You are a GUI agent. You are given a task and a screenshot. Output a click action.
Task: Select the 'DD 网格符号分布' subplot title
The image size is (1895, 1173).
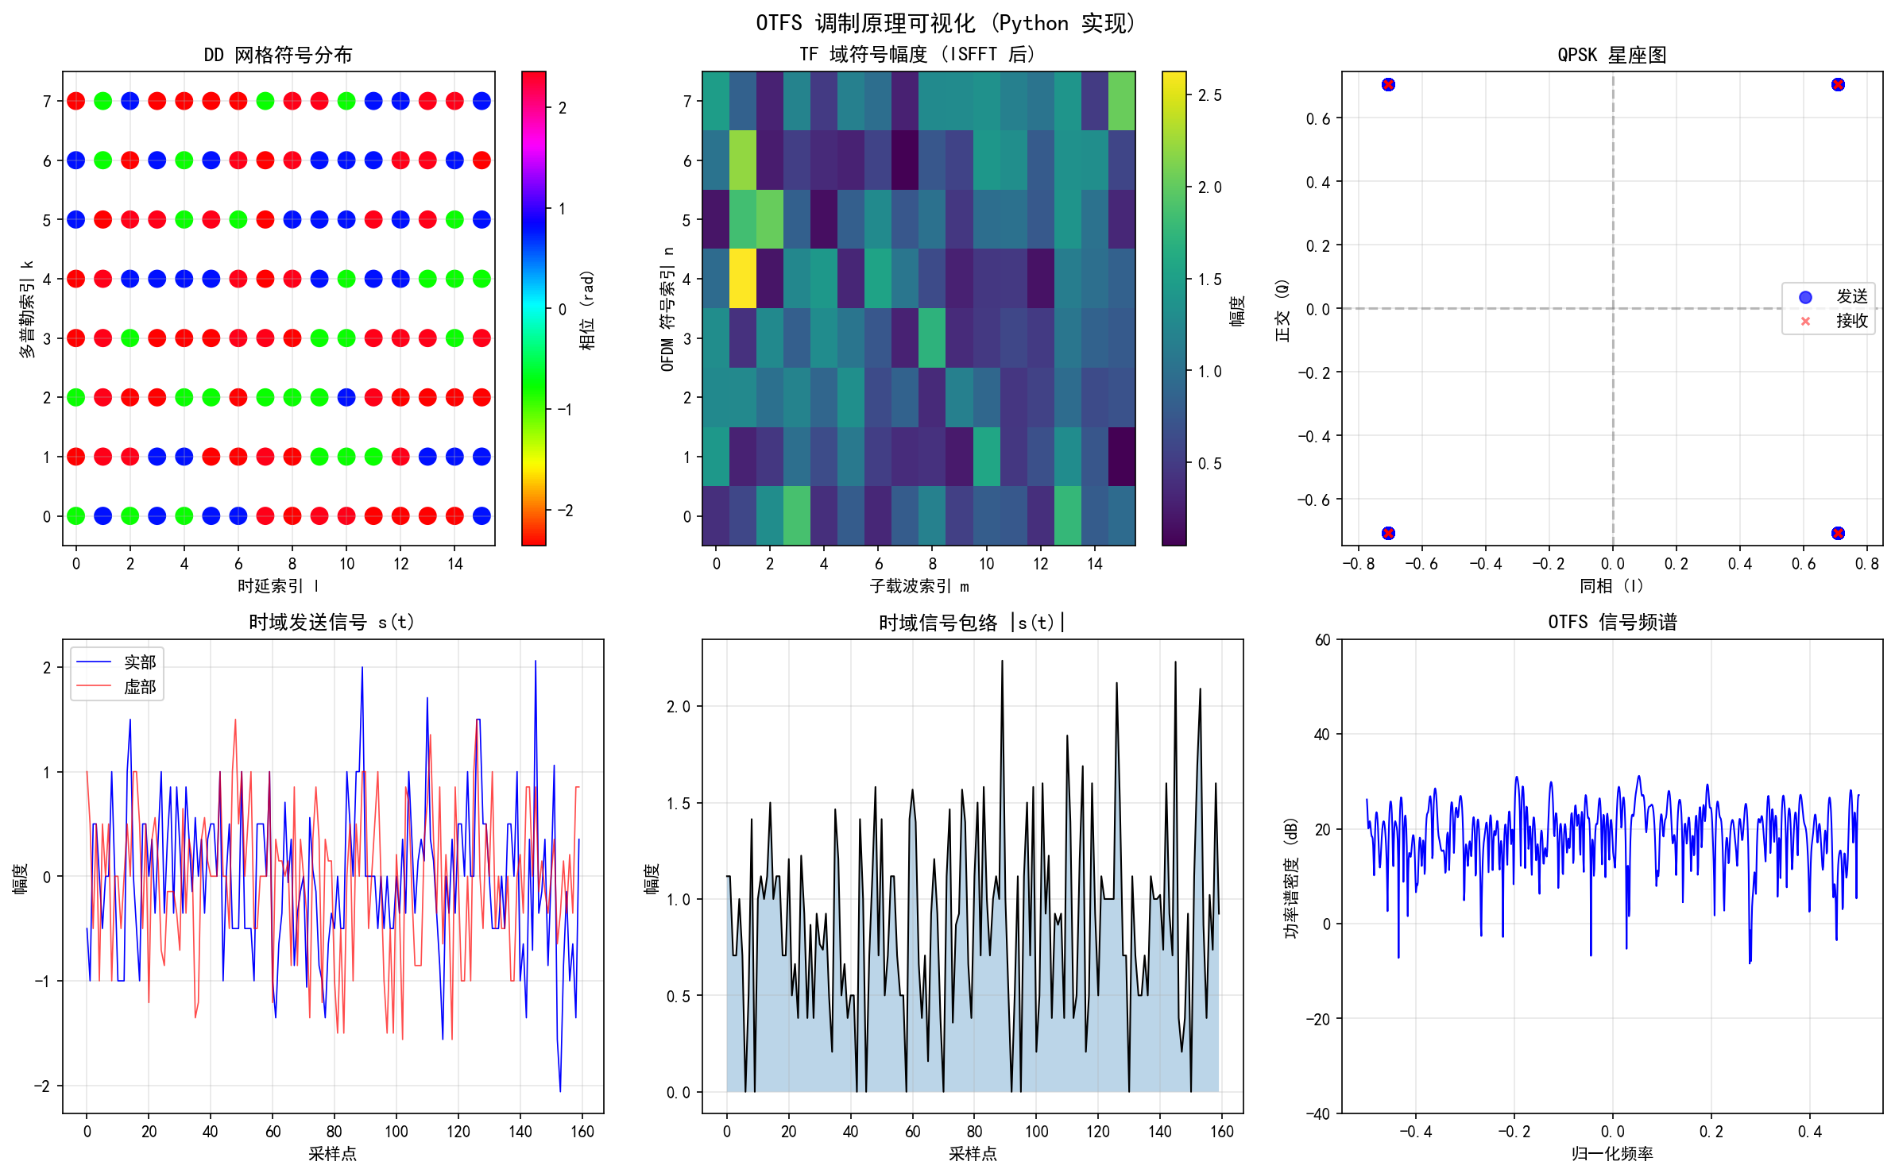tap(278, 55)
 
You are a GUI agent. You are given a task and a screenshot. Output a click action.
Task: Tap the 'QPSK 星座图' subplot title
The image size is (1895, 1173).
tap(1611, 55)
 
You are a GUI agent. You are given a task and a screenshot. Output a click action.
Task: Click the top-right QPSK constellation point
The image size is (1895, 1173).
tap(1837, 85)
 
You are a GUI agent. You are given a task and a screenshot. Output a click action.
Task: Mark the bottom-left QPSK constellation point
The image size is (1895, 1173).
tap(1387, 533)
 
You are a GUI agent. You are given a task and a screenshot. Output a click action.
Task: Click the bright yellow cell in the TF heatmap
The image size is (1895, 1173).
tap(743, 279)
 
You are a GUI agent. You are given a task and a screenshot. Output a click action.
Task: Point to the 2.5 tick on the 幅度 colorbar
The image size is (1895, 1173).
tap(1209, 95)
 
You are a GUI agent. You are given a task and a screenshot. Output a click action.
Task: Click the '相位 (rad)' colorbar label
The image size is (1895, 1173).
tap(587, 310)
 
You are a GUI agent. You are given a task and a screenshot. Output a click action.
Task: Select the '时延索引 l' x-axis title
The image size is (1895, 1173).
tap(278, 586)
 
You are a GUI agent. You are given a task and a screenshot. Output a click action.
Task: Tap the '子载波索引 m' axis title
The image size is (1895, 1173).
tap(918, 586)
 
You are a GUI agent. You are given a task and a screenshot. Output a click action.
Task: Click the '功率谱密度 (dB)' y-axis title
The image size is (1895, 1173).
tap(1291, 878)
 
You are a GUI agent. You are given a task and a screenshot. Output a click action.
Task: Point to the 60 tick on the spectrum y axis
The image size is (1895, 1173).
tap(1322, 640)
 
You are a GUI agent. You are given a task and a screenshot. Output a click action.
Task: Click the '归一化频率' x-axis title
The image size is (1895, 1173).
tap(1611, 1153)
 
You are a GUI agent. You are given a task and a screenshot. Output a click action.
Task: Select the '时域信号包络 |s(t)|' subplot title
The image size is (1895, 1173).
tap(972, 623)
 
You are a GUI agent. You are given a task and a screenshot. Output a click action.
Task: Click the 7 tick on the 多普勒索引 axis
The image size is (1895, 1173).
tap(47, 102)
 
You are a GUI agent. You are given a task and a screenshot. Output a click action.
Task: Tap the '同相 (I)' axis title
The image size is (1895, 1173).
tap(1611, 586)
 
